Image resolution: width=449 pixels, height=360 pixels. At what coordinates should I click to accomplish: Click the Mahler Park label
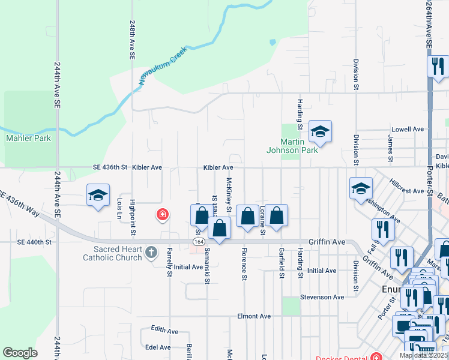click(28, 138)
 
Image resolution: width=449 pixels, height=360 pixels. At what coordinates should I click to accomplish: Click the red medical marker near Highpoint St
click(161, 214)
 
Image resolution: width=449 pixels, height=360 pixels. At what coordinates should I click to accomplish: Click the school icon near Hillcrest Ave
click(361, 188)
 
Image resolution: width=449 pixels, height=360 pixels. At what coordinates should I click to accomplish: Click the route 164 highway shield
click(198, 241)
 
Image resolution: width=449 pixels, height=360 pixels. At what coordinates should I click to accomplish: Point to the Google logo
click(20, 352)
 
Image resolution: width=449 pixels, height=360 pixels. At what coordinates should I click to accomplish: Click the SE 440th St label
click(35, 242)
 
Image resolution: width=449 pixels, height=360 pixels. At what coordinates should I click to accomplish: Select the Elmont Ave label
click(254, 316)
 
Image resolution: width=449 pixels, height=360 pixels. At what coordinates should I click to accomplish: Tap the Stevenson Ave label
click(322, 297)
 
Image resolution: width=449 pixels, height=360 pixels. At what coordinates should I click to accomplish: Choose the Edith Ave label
click(164, 331)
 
